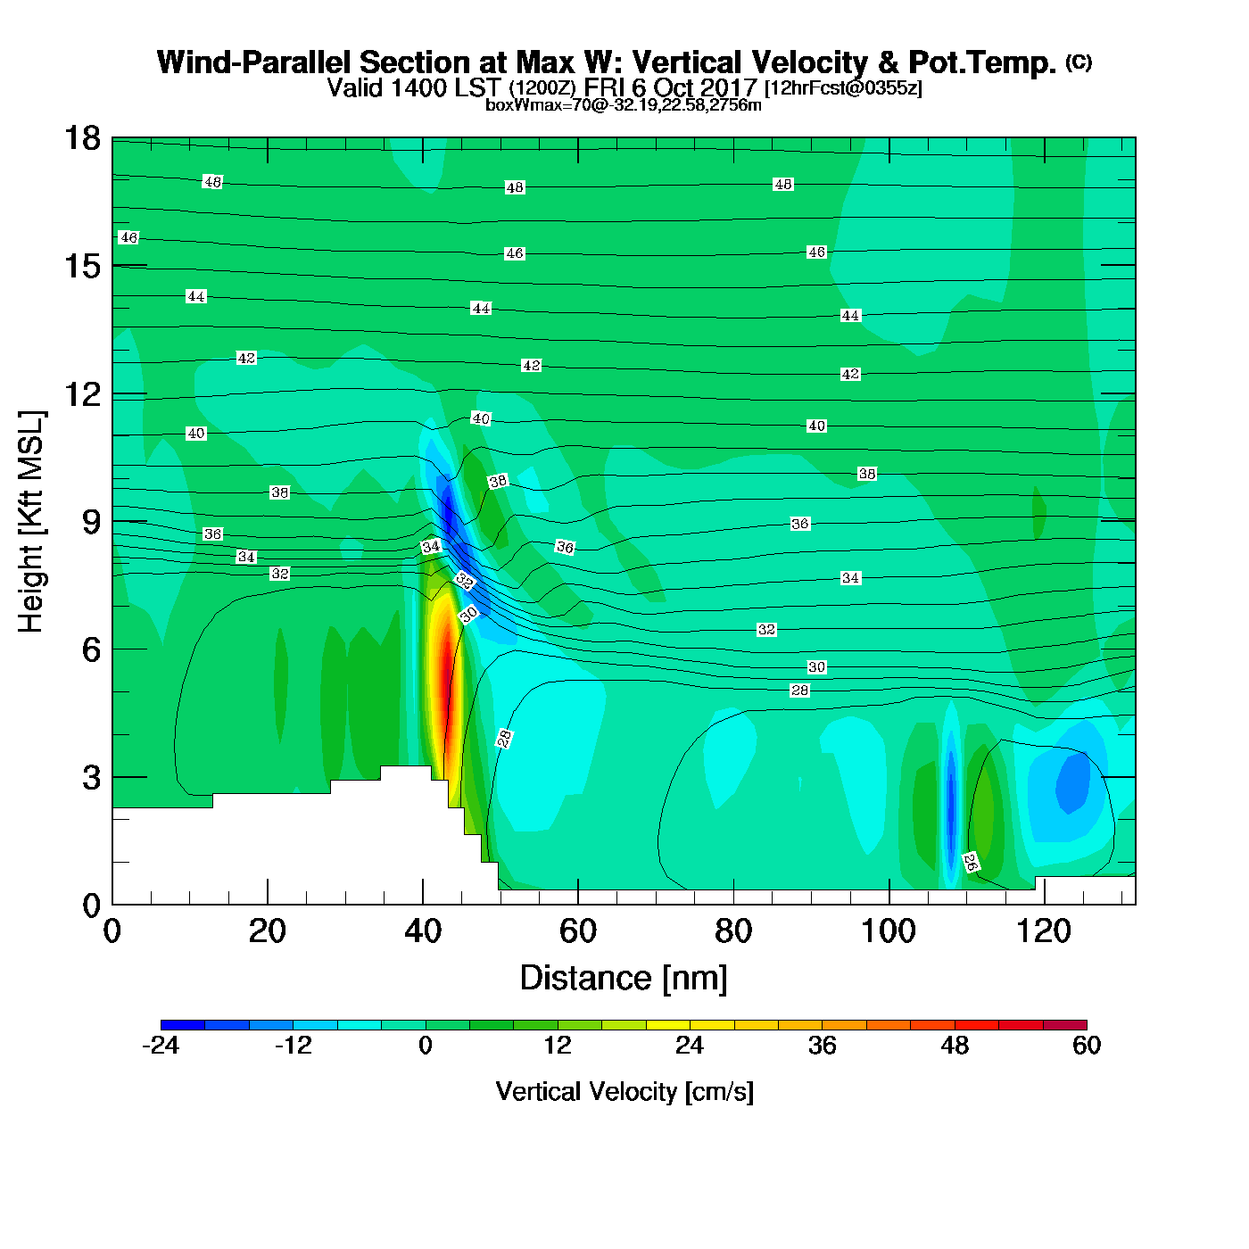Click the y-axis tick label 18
pos(81,139)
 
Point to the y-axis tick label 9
pos(91,522)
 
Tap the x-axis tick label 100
pos(888,932)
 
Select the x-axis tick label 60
pos(577,932)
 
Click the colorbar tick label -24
pos(161,1046)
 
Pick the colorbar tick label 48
pos(955,1046)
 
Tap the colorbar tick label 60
pos(1087,1046)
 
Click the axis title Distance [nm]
pos(624,979)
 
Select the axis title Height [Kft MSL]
pos(31,522)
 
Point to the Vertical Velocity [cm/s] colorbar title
pos(624,1092)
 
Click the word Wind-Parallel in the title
pos(255,62)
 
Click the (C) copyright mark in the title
pos(1079,62)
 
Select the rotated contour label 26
pos(971,862)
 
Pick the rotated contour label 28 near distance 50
pos(504,738)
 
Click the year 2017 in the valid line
pos(729,87)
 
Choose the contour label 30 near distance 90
pos(816,667)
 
